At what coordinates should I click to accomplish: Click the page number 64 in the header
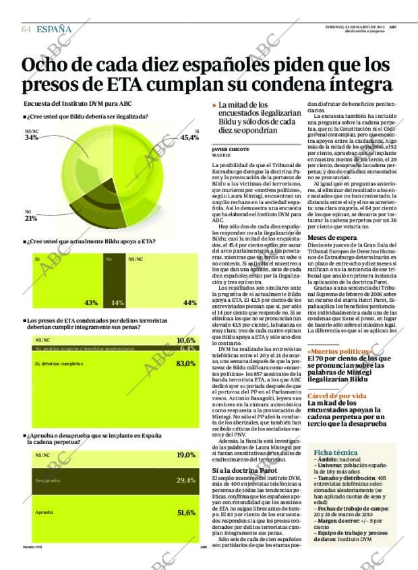click(x=26, y=29)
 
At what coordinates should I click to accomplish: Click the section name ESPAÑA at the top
click(x=54, y=29)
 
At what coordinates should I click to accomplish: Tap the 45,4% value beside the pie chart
click(x=189, y=137)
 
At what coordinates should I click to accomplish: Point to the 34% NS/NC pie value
click(x=31, y=138)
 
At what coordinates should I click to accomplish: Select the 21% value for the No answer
click(x=30, y=218)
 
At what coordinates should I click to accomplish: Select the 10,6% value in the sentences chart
click(x=185, y=341)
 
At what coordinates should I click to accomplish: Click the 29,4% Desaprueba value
click(x=185, y=480)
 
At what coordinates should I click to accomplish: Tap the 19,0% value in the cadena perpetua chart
click(x=185, y=455)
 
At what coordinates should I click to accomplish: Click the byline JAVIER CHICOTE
click(x=231, y=149)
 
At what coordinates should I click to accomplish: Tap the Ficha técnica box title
click(x=334, y=451)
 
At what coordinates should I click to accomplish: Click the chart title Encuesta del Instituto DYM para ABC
click(x=78, y=104)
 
